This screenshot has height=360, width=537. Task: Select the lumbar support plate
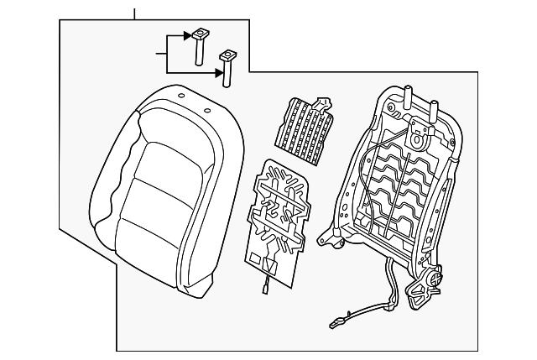click(x=277, y=218)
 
